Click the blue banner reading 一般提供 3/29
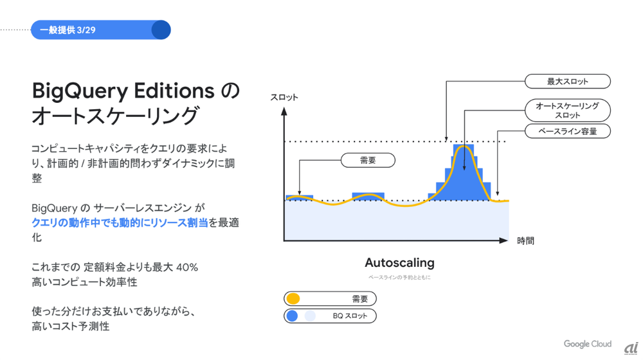100,30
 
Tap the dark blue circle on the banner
161,30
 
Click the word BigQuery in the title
80,92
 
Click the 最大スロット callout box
568,81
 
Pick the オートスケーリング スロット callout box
568,111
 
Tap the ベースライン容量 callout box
568,131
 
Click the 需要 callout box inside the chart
368,160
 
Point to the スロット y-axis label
284,97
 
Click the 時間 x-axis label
525,240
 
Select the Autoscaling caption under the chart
399,262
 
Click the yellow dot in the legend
293,298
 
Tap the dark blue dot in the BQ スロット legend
292,316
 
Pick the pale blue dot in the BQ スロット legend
310,316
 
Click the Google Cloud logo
587,344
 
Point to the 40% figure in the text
187,267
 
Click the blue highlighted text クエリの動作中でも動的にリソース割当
120,222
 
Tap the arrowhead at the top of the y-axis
284,111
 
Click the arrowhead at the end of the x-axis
503,240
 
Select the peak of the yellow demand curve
464,146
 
